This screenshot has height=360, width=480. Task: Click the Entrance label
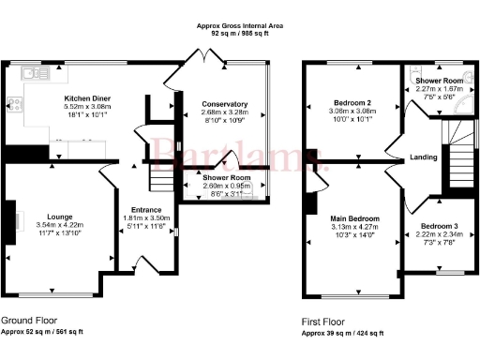point(145,210)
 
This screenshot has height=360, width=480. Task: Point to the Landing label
point(423,157)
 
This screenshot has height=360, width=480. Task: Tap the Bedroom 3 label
point(439,227)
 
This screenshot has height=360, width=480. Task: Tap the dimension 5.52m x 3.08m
point(86,107)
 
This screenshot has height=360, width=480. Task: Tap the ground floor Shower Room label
point(227,178)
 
